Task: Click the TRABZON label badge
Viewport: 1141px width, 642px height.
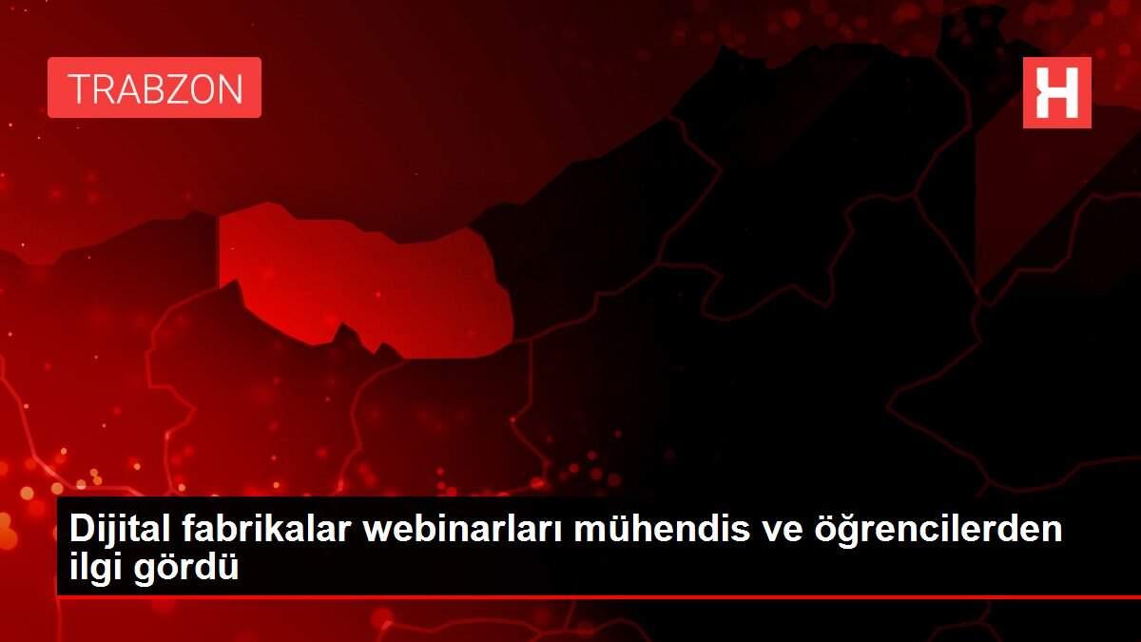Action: [154, 88]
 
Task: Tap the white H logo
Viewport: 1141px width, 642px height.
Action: [1057, 93]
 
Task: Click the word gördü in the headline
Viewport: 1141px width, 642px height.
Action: [186, 568]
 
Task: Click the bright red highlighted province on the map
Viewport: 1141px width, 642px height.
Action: [364, 281]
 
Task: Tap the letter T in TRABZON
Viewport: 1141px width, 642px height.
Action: [80, 88]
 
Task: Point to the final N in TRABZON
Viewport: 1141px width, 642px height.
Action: [231, 88]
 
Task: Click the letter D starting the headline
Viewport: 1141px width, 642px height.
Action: [81, 529]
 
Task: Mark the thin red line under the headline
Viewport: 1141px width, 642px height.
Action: [599, 596]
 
